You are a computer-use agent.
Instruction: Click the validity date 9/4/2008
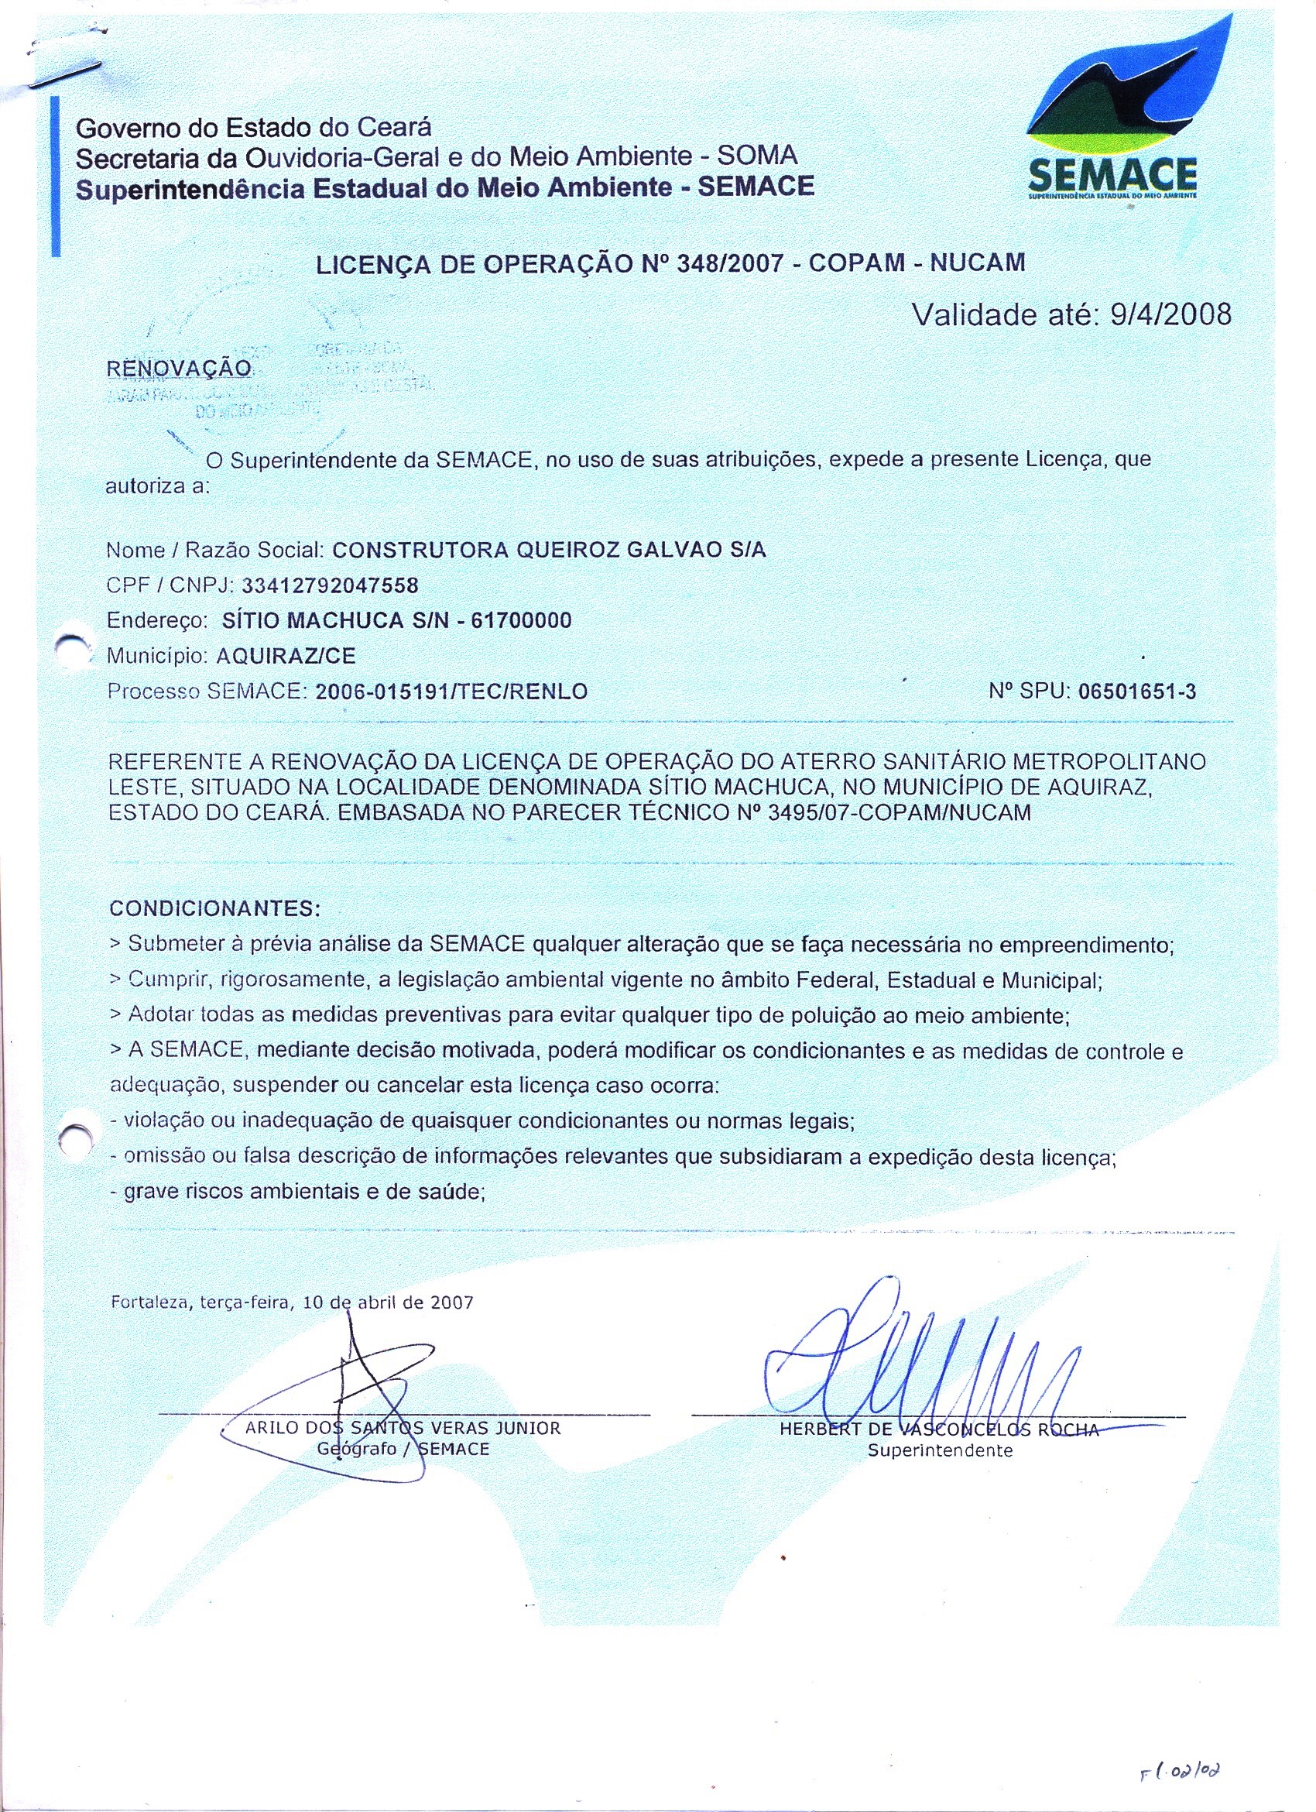[x=1170, y=314]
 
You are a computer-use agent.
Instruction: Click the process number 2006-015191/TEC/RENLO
[x=452, y=692]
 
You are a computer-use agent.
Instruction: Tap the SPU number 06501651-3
[x=1137, y=691]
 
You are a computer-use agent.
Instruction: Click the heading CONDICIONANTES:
[x=214, y=909]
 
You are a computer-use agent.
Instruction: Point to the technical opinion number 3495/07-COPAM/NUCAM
[x=898, y=813]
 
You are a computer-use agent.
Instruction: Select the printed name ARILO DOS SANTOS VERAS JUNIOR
[x=403, y=1429]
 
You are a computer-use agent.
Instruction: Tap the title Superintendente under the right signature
[x=940, y=1451]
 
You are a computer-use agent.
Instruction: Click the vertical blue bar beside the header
[x=56, y=176]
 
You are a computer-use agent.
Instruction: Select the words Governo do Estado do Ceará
[x=253, y=127]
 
